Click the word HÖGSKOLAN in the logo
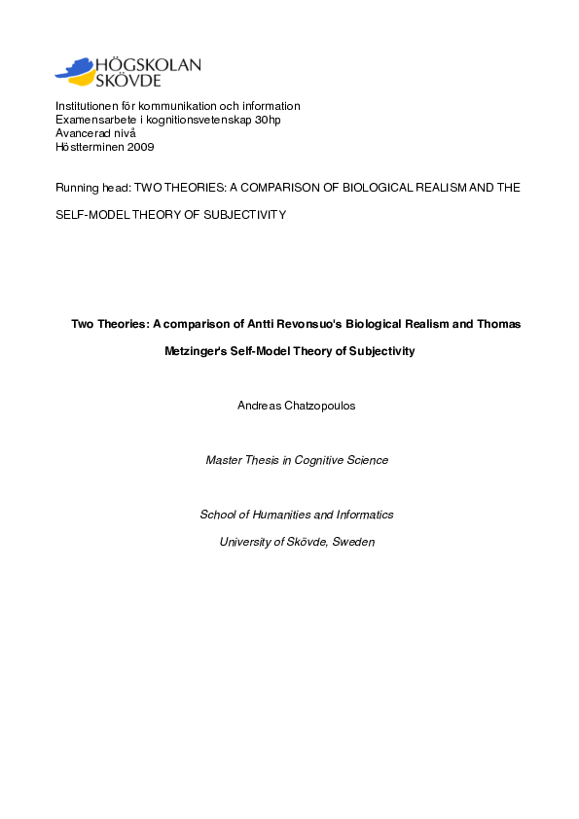149,65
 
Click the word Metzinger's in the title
199,351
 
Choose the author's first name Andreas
259,406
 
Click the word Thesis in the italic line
261,460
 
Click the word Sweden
353,542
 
